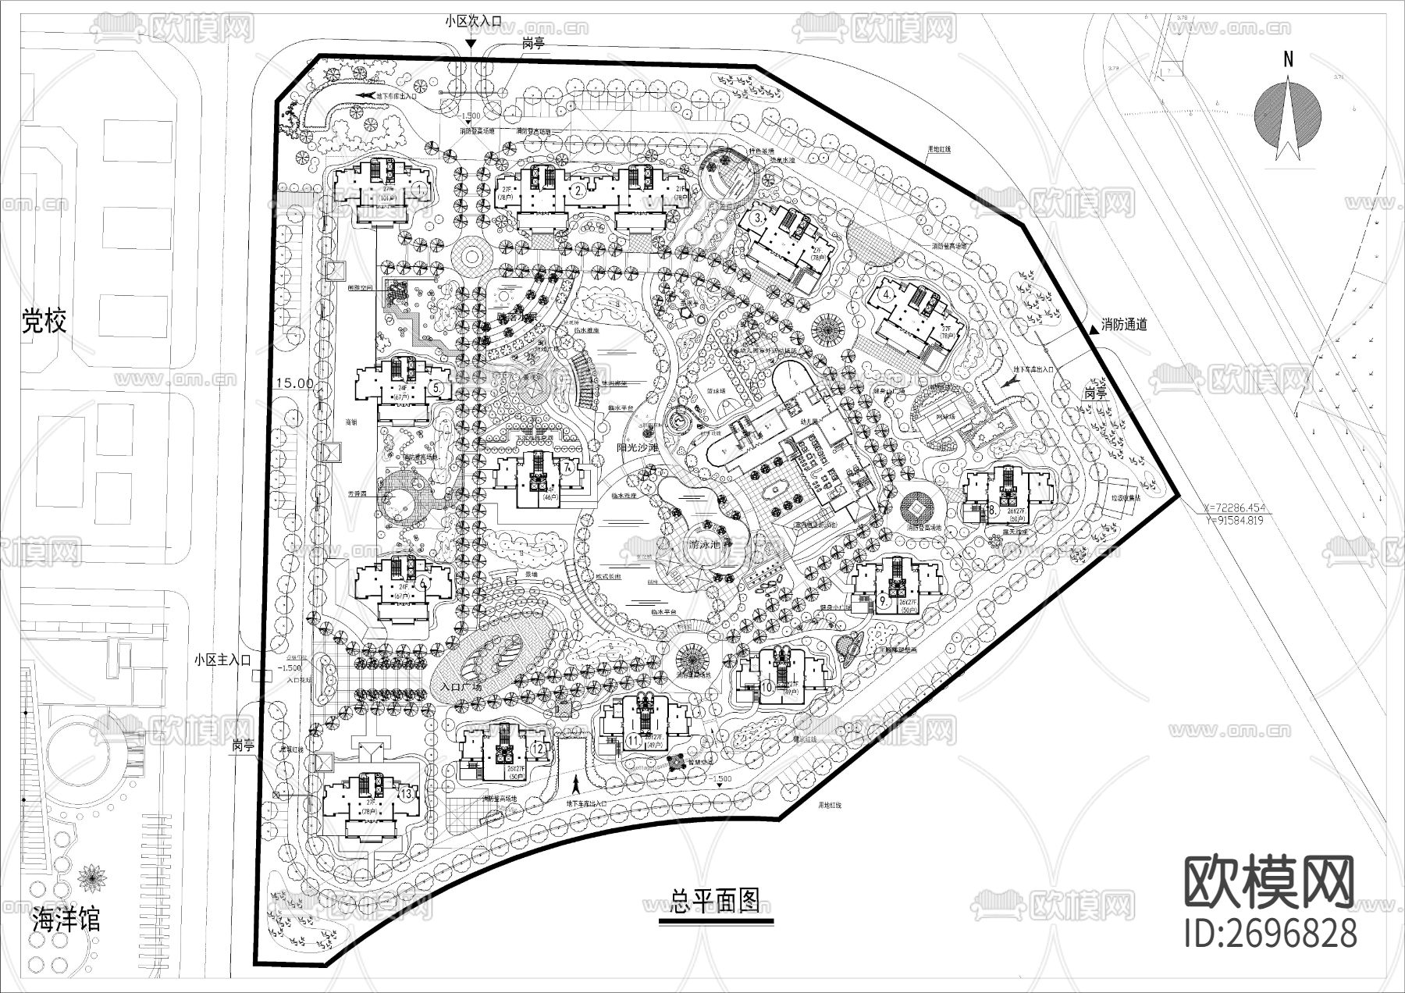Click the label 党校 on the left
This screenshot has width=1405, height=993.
[x=44, y=321]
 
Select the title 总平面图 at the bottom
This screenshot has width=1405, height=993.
[x=715, y=901]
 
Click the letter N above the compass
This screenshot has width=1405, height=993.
[x=1289, y=59]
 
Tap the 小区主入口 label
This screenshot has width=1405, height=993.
[x=222, y=660]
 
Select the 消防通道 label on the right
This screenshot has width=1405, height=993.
[x=1124, y=324]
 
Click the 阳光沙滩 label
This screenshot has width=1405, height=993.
[x=638, y=448]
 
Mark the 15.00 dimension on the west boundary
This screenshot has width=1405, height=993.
[x=294, y=384]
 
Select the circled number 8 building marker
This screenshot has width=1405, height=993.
[x=991, y=510]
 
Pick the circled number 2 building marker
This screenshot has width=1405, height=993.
[x=578, y=190]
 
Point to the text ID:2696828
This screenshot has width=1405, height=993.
[x=1270, y=934]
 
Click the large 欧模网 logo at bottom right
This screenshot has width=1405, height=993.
[x=1270, y=882]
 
